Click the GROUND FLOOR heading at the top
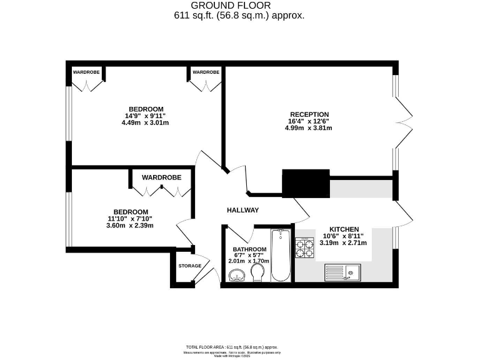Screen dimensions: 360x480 [239, 6]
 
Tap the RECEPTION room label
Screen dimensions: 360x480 [308, 114]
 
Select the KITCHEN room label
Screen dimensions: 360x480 [343, 229]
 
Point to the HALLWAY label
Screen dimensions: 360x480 [242, 210]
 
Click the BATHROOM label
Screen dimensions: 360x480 [246, 249]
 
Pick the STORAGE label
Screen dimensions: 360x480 [190, 266]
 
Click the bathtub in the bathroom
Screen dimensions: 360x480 [281, 256]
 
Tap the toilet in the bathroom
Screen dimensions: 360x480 [257, 272]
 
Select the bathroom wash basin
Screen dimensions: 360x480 [237, 274]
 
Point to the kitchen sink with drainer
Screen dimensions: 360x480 [342, 272]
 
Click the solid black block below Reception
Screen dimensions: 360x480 [306, 182]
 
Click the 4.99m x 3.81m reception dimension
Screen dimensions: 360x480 [308, 128]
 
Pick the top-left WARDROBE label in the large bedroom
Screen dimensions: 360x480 [86, 72]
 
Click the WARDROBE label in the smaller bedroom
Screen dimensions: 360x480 [161, 177]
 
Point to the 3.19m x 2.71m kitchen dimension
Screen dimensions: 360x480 [343, 242]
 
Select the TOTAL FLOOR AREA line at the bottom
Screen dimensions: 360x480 [231, 347]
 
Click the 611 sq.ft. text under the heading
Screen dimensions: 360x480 [239, 16]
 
